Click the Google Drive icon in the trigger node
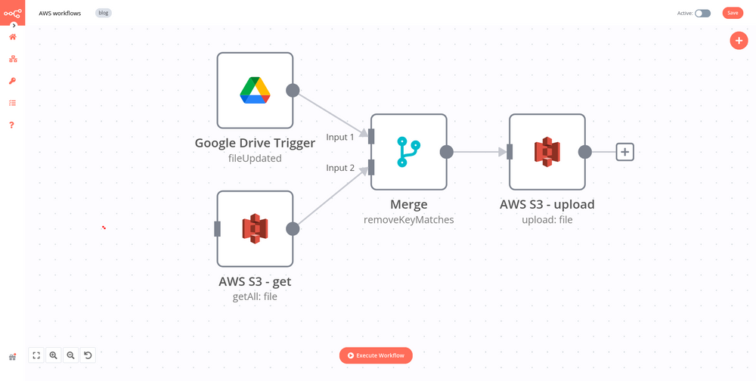coord(255,90)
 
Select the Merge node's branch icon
coord(408,152)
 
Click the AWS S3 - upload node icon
coord(547,152)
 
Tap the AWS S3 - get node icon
coord(255,228)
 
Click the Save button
coord(732,13)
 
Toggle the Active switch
coord(702,13)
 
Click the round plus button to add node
coord(739,41)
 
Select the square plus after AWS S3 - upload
coord(624,152)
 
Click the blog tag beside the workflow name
coord(104,13)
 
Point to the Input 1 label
coord(340,137)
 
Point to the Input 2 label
coord(340,168)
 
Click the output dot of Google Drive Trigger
coord(293,91)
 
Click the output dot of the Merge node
coord(446,152)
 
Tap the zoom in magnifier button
coord(53,355)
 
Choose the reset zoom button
coord(88,355)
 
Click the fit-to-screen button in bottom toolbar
coord(36,355)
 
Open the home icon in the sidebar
coord(12,37)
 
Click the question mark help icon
coord(12,125)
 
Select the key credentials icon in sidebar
coord(12,81)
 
